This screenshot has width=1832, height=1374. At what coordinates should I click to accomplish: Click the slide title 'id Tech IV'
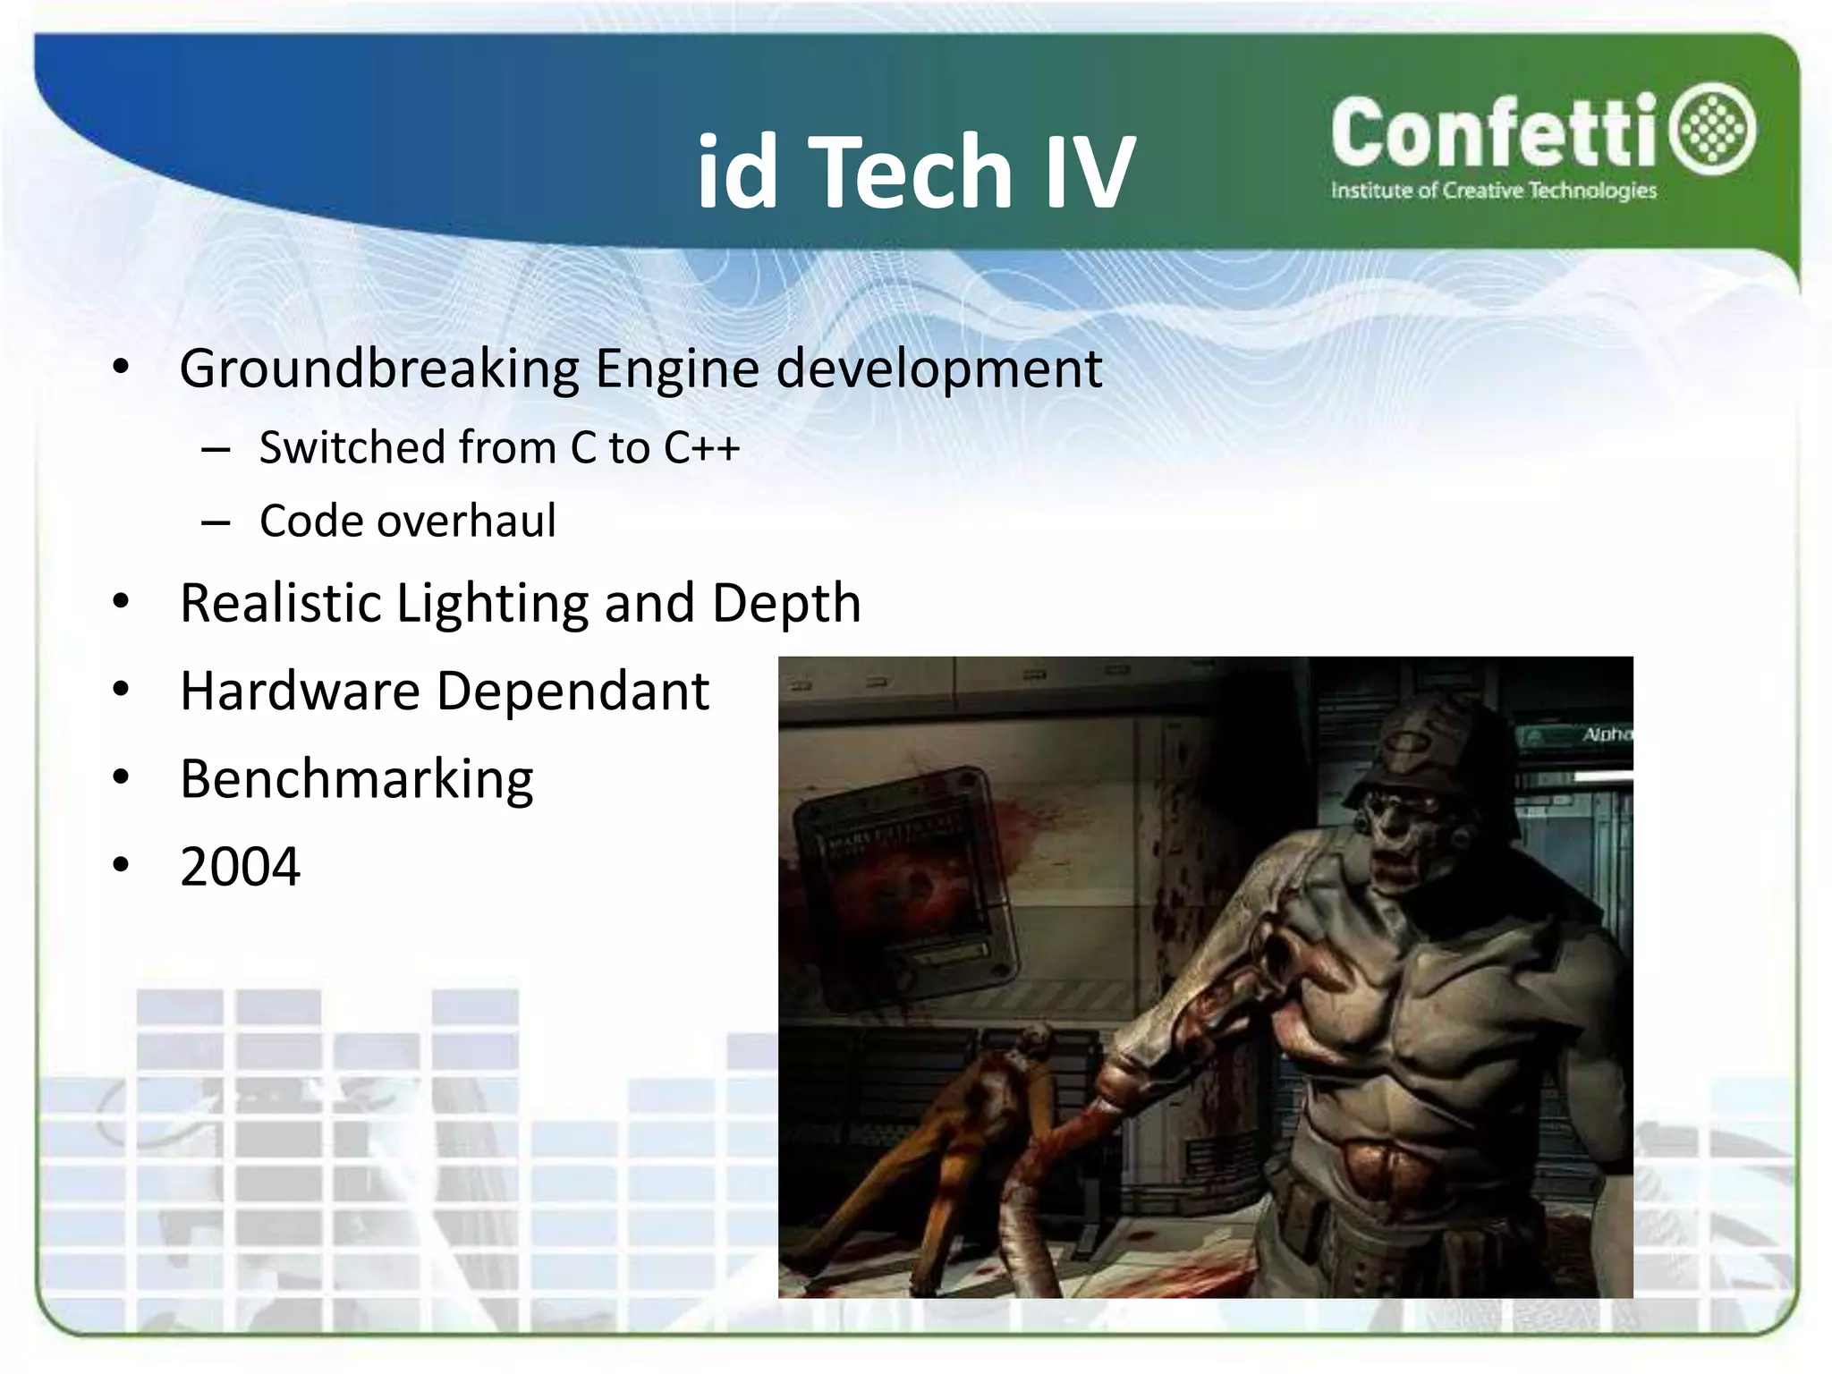[915, 172]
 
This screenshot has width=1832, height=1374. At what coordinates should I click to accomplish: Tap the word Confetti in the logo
[1494, 134]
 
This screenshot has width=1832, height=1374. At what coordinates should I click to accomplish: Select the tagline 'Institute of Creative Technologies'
[1493, 191]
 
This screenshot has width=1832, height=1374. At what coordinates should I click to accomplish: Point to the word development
[938, 369]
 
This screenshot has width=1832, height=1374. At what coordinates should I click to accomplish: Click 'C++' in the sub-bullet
[701, 447]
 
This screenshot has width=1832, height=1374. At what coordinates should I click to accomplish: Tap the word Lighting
[492, 603]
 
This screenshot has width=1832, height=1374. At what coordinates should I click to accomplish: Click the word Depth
[786, 603]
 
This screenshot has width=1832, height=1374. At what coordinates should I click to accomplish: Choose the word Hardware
[300, 691]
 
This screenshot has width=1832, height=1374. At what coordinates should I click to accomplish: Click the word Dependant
[572, 691]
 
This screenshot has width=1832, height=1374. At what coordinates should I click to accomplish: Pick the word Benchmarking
[356, 779]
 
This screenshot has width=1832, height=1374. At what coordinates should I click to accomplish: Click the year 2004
[240, 867]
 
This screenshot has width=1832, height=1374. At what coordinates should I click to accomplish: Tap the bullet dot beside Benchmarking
[122, 777]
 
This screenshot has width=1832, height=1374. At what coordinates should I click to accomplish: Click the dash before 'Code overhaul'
[216, 522]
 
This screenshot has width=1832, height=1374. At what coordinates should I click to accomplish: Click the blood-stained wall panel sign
[903, 886]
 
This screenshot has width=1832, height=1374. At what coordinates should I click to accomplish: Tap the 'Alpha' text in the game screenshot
[1606, 734]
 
